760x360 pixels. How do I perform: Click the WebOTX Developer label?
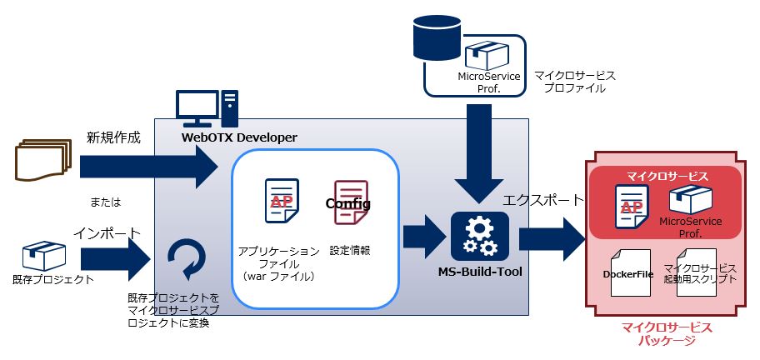(238, 137)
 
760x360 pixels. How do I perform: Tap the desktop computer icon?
(206, 109)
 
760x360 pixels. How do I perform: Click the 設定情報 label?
(349, 250)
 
